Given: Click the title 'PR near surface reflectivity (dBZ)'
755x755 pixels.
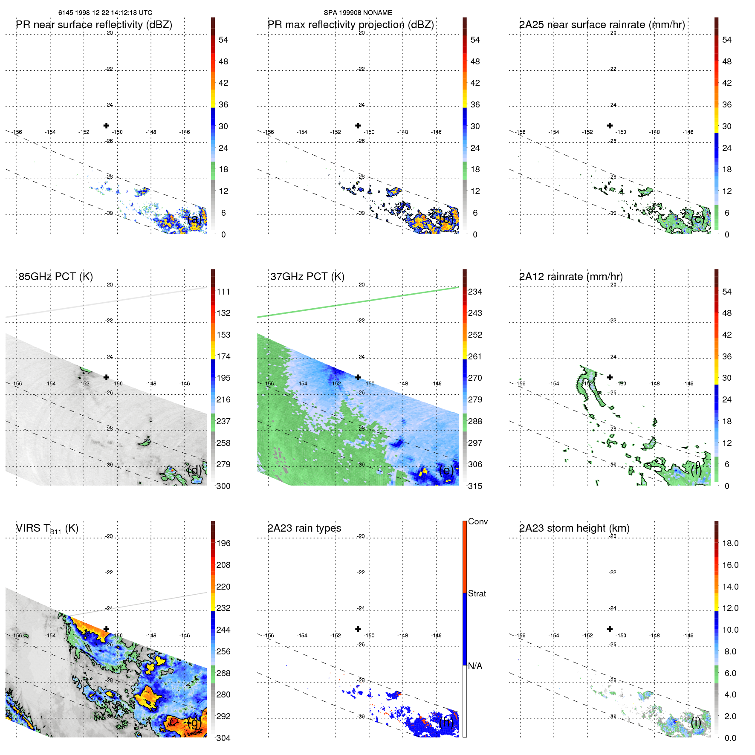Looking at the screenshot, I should pos(94,25).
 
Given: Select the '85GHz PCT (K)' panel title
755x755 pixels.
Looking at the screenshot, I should pos(55,276).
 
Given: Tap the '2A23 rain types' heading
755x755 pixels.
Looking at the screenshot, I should pos(304,528).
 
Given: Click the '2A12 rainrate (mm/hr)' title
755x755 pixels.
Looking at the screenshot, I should pos(571,276).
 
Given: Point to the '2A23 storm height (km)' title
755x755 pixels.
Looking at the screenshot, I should pos(574,528).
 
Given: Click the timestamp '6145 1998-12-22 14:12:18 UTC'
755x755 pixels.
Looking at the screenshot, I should pos(105,13).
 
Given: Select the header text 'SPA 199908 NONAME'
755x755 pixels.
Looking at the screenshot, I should pos(358,13).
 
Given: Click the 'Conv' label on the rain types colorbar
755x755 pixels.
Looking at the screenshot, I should pos(477,521).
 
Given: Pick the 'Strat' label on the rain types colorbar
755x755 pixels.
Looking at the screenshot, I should pos(477,593).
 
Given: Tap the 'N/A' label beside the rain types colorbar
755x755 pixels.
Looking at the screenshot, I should pos(475,666).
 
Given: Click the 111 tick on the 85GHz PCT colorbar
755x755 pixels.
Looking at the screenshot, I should pos(223,292).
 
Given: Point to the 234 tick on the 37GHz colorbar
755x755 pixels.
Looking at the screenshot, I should pos(475,292).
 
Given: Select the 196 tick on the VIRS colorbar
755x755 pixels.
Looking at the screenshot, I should pos(223,543).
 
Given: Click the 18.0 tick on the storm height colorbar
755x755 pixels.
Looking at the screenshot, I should pos(730,543).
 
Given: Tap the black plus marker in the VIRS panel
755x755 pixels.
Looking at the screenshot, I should pos(106,629).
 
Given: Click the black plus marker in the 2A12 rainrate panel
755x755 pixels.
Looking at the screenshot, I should pos(610,377).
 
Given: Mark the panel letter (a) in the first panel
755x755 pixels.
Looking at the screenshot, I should pos(194,219).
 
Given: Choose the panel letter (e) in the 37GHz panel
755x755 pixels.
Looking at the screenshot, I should pos(446,470).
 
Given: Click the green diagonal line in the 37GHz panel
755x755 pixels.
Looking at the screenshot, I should pos(358,302).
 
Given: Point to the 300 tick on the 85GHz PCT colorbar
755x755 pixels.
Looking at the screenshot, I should pos(223,486).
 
